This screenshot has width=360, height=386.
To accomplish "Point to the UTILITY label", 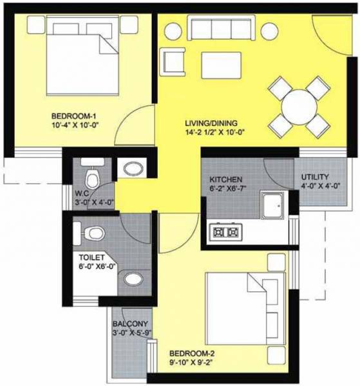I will [x=316, y=177].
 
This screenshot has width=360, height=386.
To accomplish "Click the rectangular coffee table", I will [x=220, y=64].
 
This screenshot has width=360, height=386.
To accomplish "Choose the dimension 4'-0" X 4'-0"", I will [x=316, y=187].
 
